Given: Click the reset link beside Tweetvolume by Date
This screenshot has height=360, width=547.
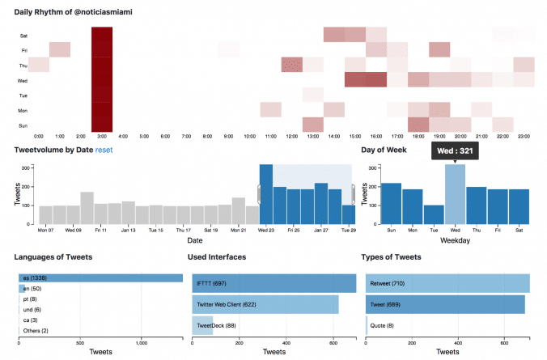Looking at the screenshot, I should point(104,150).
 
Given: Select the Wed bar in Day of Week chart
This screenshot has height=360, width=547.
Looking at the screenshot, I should point(455,194).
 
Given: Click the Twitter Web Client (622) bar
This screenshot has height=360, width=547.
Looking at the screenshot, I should point(266,305).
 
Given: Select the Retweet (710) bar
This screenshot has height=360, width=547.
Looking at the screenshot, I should point(447,283).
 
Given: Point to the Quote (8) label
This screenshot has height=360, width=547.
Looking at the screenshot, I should point(383,326).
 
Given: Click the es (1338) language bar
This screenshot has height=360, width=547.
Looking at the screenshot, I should point(101,278).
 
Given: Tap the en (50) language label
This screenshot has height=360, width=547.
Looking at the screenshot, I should point(32,289).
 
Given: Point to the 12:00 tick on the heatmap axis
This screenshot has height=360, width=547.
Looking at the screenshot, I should point(291,136).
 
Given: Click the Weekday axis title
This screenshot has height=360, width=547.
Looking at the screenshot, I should point(455,241).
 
